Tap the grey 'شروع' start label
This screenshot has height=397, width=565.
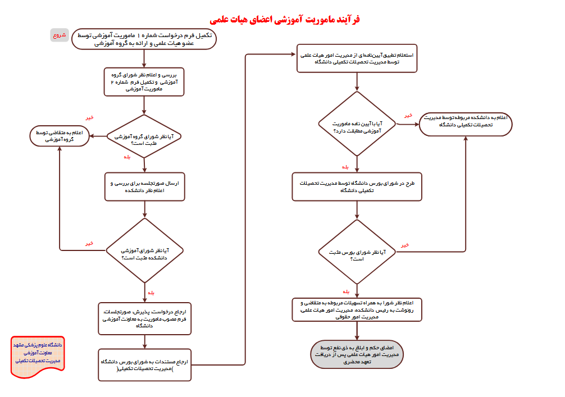click(60, 35)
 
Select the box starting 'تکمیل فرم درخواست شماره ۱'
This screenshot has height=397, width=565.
click(144, 39)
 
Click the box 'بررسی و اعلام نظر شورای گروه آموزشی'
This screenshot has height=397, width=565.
click(144, 81)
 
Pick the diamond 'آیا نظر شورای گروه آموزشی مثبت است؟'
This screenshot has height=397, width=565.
click(145, 136)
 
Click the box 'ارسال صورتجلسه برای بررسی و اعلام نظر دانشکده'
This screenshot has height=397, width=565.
click(145, 186)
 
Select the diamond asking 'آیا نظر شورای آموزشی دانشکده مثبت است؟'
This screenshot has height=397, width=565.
click(145, 250)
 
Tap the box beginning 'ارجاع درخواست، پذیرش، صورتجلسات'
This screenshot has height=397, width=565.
click(145, 318)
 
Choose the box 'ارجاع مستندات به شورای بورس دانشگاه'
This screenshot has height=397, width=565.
click(145, 364)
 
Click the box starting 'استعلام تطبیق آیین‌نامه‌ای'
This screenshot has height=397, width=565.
click(357, 59)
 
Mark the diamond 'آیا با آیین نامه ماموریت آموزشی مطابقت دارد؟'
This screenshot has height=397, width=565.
click(357, 126)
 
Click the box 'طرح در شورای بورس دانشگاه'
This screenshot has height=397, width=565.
click(357, 186)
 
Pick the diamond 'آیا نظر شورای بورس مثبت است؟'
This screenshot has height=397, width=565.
click(357, 252)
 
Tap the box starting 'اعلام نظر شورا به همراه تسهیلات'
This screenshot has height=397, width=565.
click(357, 309)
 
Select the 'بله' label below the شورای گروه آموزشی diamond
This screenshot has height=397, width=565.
click(127, 157)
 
